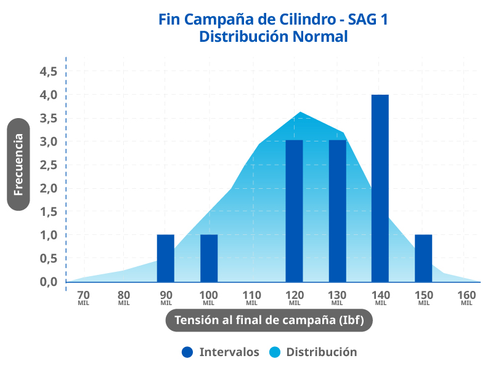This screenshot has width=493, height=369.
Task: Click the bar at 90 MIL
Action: [166, 258]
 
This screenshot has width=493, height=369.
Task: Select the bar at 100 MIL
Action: [209, 258]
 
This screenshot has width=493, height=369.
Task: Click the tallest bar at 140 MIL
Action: [380, 188]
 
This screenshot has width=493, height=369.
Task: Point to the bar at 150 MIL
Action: [423, 258]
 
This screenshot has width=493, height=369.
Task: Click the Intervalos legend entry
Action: [221, 352]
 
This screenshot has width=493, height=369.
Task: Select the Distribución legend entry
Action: [313, 352]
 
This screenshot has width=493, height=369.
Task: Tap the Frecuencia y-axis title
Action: [18, 164]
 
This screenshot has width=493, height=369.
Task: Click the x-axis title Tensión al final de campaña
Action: [269, 320]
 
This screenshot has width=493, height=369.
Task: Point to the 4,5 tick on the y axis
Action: [48, 71]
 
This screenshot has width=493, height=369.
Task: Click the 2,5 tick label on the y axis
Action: [48, 165]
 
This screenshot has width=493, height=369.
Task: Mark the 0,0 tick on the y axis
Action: [48, 282]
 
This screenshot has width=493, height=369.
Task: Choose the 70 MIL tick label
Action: [83, 297]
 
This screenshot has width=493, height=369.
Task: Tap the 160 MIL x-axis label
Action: [467, 297]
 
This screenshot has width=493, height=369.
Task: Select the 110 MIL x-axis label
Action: [251, 297]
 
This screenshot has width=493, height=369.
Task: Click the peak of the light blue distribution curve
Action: [300, 113]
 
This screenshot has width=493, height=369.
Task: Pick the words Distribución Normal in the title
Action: [274, 36]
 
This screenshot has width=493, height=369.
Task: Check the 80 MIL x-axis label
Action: [124, 297]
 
